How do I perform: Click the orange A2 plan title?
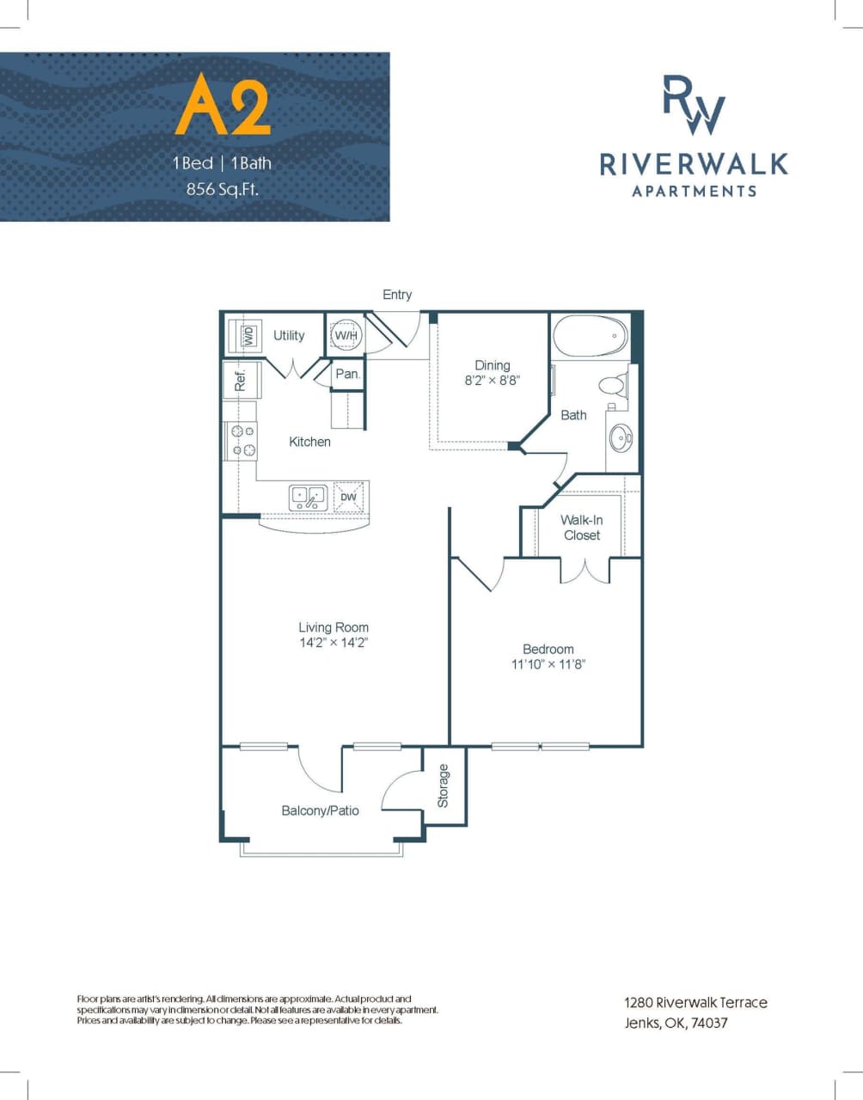[223, 106]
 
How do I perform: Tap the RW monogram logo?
[694, 105]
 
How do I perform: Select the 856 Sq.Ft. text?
[222, 189]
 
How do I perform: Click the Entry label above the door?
[397, 295]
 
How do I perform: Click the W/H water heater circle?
[346, 335]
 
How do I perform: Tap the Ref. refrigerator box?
[240, 379]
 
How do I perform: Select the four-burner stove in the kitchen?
[241, 441]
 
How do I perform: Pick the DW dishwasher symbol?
[349, 498]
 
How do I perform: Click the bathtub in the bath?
[590, 337]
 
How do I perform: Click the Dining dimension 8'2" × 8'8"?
[493, 380]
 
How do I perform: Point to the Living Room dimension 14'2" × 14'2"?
[334, 643]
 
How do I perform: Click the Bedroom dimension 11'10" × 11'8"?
[548, 664]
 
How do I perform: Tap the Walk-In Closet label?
[582, 528]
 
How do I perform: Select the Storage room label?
[444, 785]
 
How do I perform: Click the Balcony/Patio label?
[320, 810]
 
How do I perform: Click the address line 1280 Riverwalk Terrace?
[695, 1002]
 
